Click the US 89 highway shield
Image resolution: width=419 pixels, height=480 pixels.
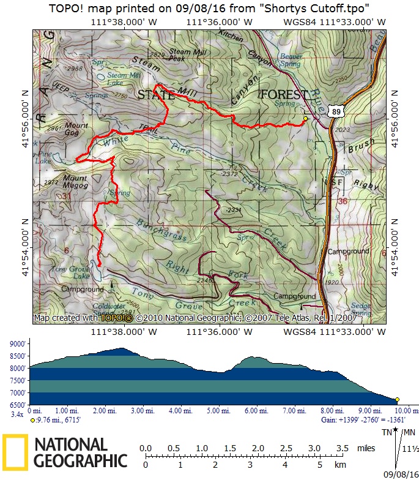[x=335, y=111]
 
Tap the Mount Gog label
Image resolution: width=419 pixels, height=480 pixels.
[x=76, y=129]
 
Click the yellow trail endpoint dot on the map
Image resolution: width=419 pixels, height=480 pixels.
[x=305, y=118]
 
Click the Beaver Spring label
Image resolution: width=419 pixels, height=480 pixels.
[x=290, y=59]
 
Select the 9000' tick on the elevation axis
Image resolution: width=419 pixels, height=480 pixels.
[x=18, y=344]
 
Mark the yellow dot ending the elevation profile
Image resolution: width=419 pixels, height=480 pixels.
[x=396, y=399]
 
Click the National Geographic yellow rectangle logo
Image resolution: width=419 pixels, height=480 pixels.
[x=15, y=452]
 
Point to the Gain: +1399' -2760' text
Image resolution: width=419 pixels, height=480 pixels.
[x=361, y=421]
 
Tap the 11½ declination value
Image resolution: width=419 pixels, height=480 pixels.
[x=410, y=449]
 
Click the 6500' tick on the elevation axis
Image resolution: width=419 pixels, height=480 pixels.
[x=18, y=405]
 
